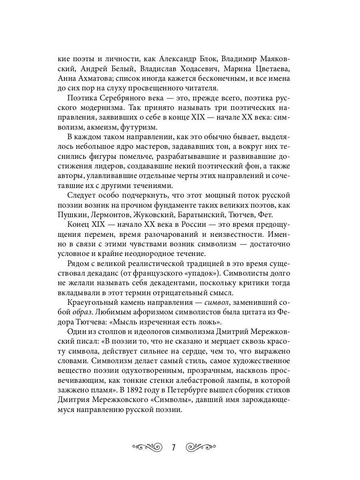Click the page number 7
(x=174, y=446)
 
